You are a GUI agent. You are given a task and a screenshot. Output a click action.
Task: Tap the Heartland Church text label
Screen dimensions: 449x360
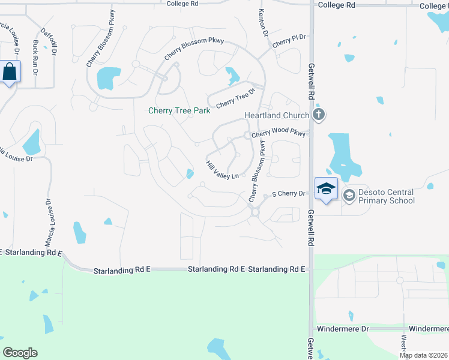[x=276, y=115]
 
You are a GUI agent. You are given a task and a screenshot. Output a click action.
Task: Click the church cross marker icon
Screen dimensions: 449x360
[x=319, y=114]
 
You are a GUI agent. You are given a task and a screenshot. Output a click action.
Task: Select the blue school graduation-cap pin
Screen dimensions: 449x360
[x=326, y=189]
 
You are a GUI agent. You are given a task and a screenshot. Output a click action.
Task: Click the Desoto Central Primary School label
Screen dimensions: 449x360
[x=387, y=196]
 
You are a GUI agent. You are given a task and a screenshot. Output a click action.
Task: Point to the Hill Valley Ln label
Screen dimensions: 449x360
[x=222, y=170]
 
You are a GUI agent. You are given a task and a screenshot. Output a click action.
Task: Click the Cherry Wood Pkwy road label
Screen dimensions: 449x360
[x=279, y=134]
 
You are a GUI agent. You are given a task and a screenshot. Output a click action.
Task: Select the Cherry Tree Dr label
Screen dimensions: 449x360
[x=235, y=98]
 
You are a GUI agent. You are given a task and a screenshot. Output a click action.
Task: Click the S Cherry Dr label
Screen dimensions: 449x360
[x=289, y=194]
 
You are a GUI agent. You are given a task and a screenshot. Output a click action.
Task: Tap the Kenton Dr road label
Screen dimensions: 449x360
[x=262, y=21]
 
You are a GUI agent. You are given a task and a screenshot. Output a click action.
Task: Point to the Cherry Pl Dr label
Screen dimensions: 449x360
[x=289, y=41]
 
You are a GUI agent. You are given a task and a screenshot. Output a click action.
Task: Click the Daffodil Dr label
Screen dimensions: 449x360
[x=50, y=41]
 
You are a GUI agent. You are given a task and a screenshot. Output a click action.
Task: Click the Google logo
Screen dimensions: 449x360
[x=20, y=353]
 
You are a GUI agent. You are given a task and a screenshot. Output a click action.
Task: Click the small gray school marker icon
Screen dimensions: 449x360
[x=349, y=196]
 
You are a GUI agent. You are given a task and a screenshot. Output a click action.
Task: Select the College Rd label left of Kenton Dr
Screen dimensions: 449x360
[x=182, y=4]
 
